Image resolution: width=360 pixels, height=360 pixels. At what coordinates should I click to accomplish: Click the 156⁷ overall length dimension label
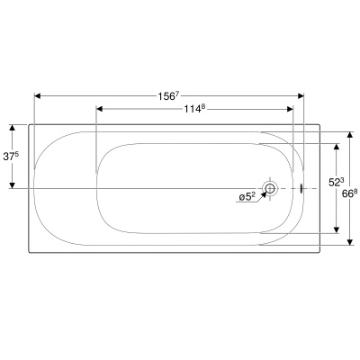click(x=169, y=81)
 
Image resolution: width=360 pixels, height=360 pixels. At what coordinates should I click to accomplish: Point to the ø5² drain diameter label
click(x=247, y=194)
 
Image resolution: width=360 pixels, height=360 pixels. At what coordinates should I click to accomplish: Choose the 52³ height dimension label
click(x=336, y=181)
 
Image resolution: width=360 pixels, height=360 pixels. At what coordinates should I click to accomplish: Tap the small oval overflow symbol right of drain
click(x=301, y=189)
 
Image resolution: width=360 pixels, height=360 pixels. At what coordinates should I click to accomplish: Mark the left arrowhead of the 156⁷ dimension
click(x=38, y=94)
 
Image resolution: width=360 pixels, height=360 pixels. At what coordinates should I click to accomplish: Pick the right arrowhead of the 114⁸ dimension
click(x=289, y=109)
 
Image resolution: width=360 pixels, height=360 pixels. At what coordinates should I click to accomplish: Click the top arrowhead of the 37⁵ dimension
click(x=12, y=127)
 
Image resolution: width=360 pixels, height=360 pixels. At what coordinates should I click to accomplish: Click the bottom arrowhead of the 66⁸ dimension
click(x=350, y=241)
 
